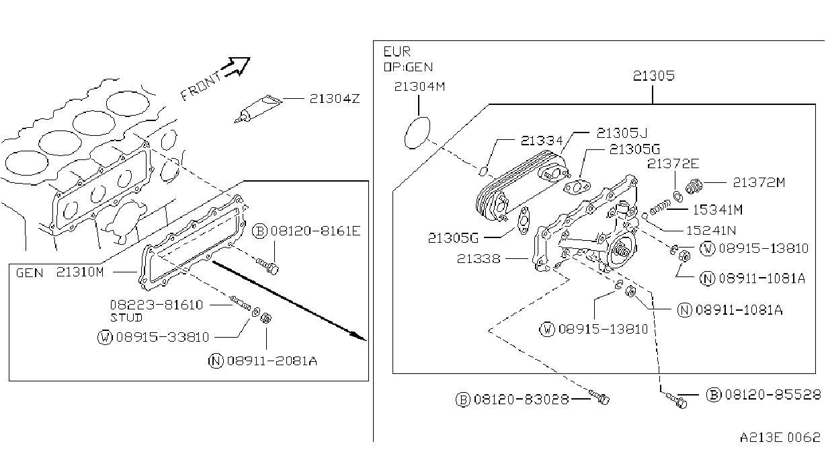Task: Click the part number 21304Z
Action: pos(335,99)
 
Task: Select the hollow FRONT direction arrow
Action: pos(236,67)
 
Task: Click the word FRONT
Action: pos(201,87)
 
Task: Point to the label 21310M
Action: pos(80,272)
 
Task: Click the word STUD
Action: pos(126,317)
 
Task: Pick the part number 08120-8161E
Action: pos(315,231)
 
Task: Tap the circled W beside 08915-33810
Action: pos(105,337)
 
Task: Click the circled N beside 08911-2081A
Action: pos(216,361)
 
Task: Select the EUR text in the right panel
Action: pos(397,51)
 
